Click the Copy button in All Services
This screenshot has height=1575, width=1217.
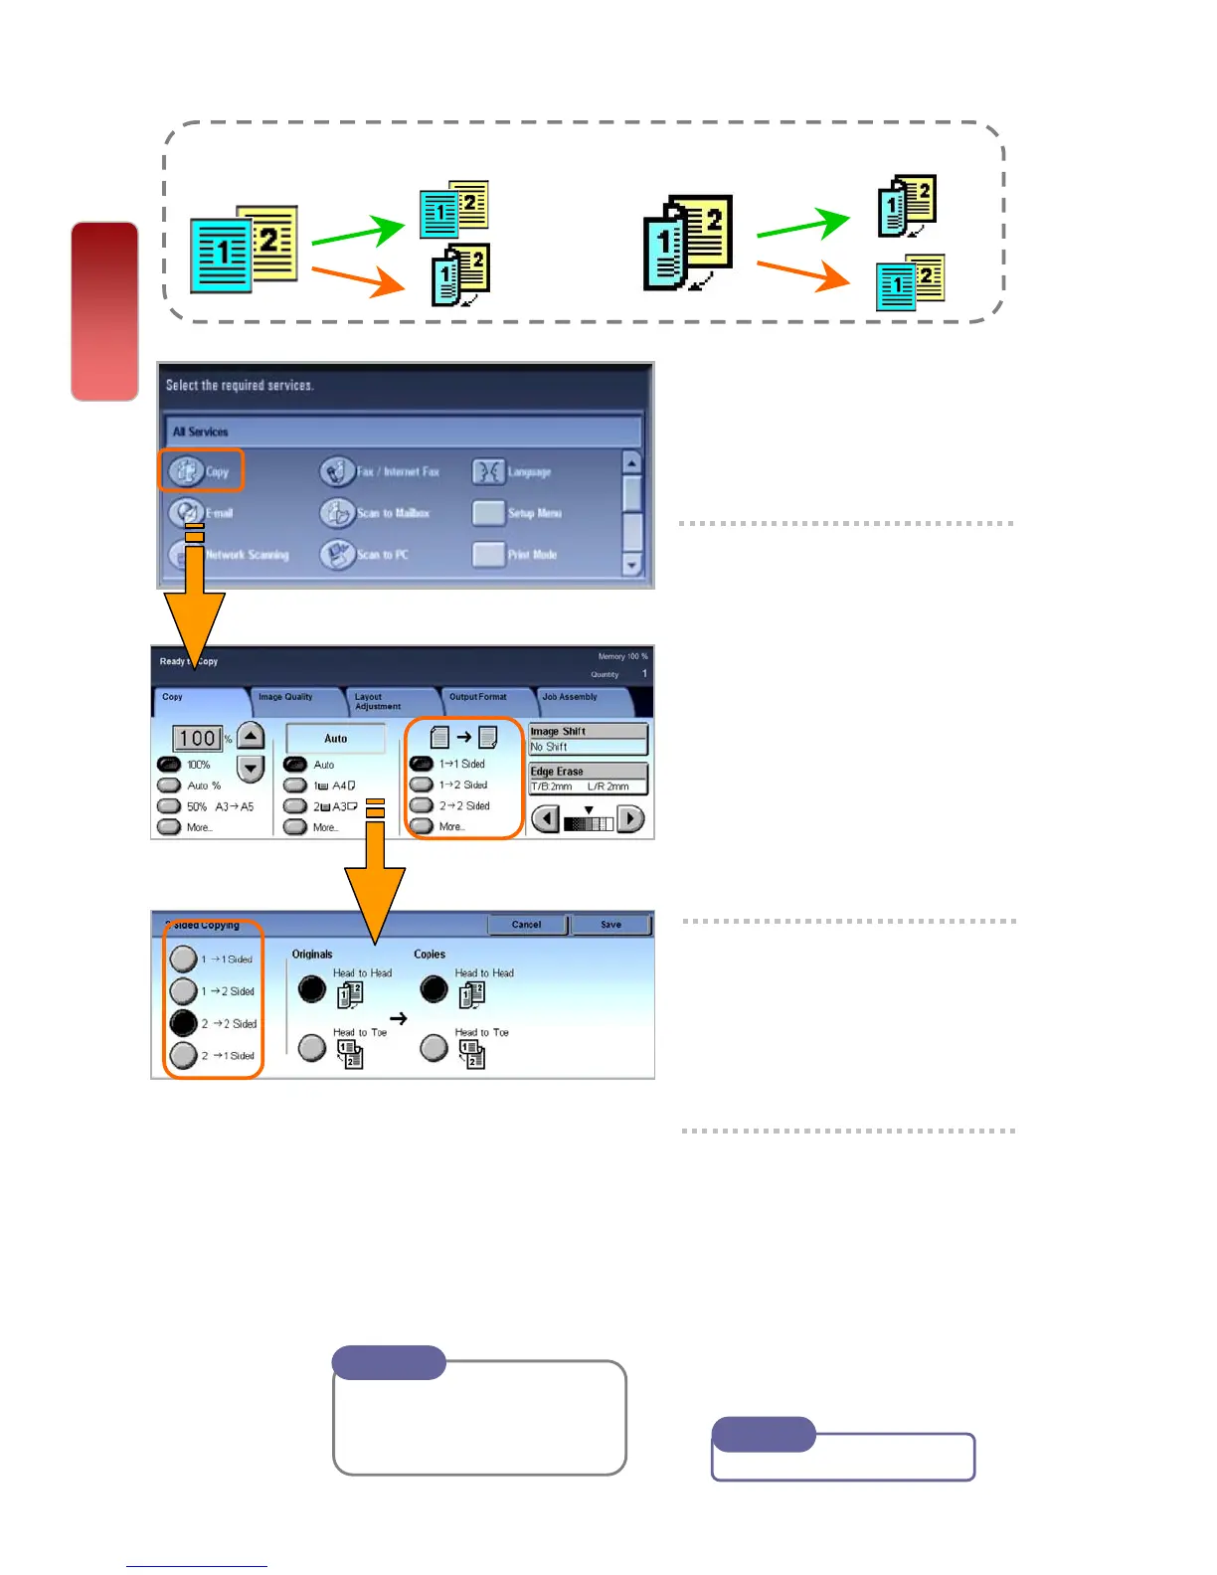tap(200, 471)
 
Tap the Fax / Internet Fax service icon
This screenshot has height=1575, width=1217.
tap(338, 471)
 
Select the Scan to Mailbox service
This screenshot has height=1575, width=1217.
tap(338, 513)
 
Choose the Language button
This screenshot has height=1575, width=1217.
tap(489, 471)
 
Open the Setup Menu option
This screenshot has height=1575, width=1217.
tap(489, 513)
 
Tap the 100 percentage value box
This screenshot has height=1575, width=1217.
tap(198, 739)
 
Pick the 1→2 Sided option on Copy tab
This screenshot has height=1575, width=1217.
tap(423, 785)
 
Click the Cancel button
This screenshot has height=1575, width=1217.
tap(527, 925)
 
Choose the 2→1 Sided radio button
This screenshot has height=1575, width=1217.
tap(184, 1055)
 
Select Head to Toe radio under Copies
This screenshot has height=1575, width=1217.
tap(435, 1047)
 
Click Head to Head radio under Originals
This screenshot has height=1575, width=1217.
tap(312, 988)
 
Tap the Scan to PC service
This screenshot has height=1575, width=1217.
tap(338, 555)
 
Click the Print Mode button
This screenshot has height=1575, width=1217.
tap(489, 555)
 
